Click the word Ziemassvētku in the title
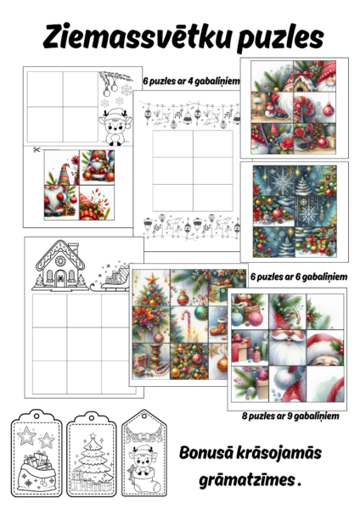(138, 36)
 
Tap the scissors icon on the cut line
(36, 149)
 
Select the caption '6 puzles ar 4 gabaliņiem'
(191, 81)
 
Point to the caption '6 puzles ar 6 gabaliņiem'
(299, 277)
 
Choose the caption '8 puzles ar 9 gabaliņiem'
(290, 416)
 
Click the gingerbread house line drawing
(60, 266)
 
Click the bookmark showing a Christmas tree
(92, 454)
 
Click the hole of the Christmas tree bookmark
(92, 417)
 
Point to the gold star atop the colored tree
(152, 279)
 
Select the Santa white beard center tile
(288, 348)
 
